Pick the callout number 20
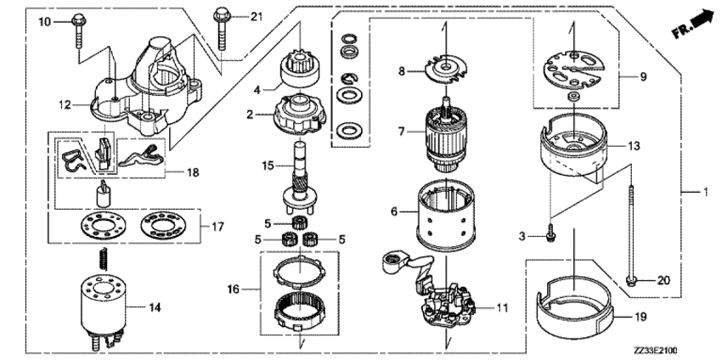pos(664,279)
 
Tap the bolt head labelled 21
pos(223,14)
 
